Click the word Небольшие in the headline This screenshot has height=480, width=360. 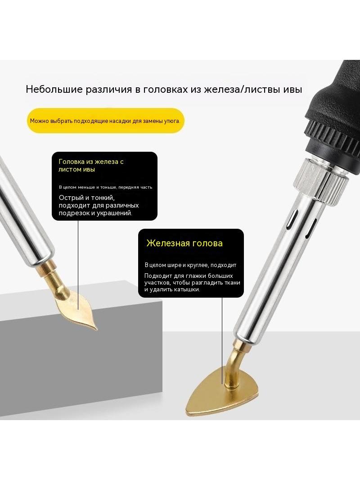click(x=54, y=89)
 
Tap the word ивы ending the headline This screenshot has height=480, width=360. click(x=292, y=90)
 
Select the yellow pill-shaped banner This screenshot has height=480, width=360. click(x=105, y=121)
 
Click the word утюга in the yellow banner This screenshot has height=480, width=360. click(x=172, y=121)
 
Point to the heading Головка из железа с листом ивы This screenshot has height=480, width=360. click(x=91, y=165)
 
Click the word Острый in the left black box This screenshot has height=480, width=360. click(x=71, y=198)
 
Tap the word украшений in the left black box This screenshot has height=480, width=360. click(x=114, y=213)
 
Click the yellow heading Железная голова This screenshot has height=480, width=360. click(x=184, y=243)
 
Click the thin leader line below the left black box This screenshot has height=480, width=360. click(x=78, y=265)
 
